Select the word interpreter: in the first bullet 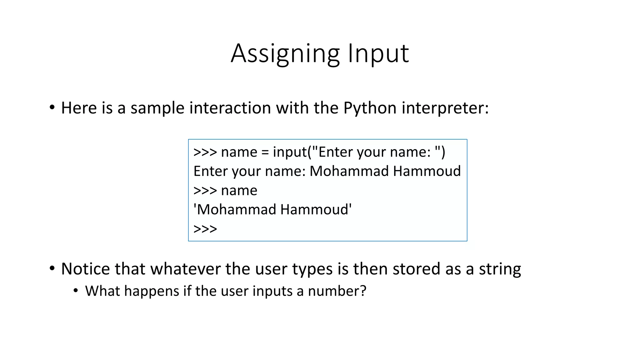click(x=445, y=108)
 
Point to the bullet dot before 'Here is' click(x=52, y=107)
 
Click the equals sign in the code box click(x=265, y=152)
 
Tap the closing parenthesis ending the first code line click(x=443, y=152)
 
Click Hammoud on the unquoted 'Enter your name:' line click(x=427, y=171)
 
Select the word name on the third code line click(x=239, y=191)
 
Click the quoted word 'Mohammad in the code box click(x=235, y=210)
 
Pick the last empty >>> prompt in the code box click(x=205, y=229)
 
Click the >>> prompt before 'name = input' click(x=205, y=152)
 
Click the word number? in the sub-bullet click(x=337, y=291)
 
